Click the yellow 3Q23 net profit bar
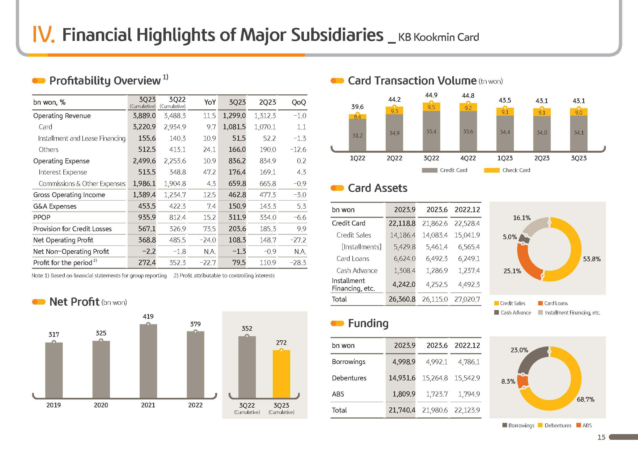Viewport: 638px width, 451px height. coord(281,374)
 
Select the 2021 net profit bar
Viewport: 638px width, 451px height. coord(148,361)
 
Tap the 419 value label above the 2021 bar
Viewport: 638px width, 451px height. coord(148,316)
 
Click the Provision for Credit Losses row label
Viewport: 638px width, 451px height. coord(73,229)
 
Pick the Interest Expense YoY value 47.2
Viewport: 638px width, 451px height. coord(209,172)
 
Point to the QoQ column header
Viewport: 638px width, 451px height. coord(299,102)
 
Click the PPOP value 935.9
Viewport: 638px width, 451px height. coord(147,217)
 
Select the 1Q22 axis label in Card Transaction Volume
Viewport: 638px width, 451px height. coord(357,158)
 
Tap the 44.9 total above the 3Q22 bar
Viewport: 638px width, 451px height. coord(431,95)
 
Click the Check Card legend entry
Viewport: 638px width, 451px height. coord(507,170)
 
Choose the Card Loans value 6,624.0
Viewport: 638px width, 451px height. coord(404,259)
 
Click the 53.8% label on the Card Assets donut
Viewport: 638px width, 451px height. coord(592,259)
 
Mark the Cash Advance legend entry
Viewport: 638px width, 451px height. coord(513,313)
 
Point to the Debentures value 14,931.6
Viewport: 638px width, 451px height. coord(402,378)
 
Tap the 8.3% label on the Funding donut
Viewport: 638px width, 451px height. coord(508,381)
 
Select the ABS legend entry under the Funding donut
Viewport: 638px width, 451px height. coord(584,425)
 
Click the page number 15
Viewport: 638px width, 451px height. coord(601,437)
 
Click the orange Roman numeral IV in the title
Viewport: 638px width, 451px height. coord(44,34)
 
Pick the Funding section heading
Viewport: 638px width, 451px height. coord(368,323)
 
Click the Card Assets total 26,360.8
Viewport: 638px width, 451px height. coord(402,299)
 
